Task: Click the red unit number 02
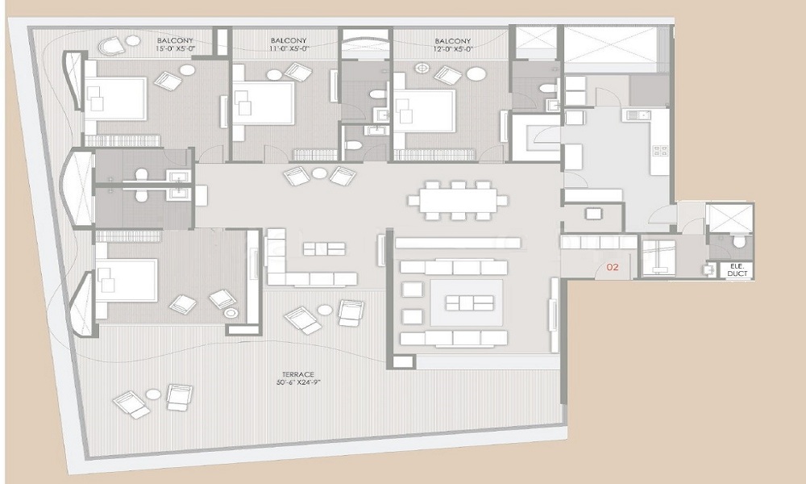tap(613, 268)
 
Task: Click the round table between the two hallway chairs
tap(319, 173)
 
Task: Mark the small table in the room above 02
tap(593, 213)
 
